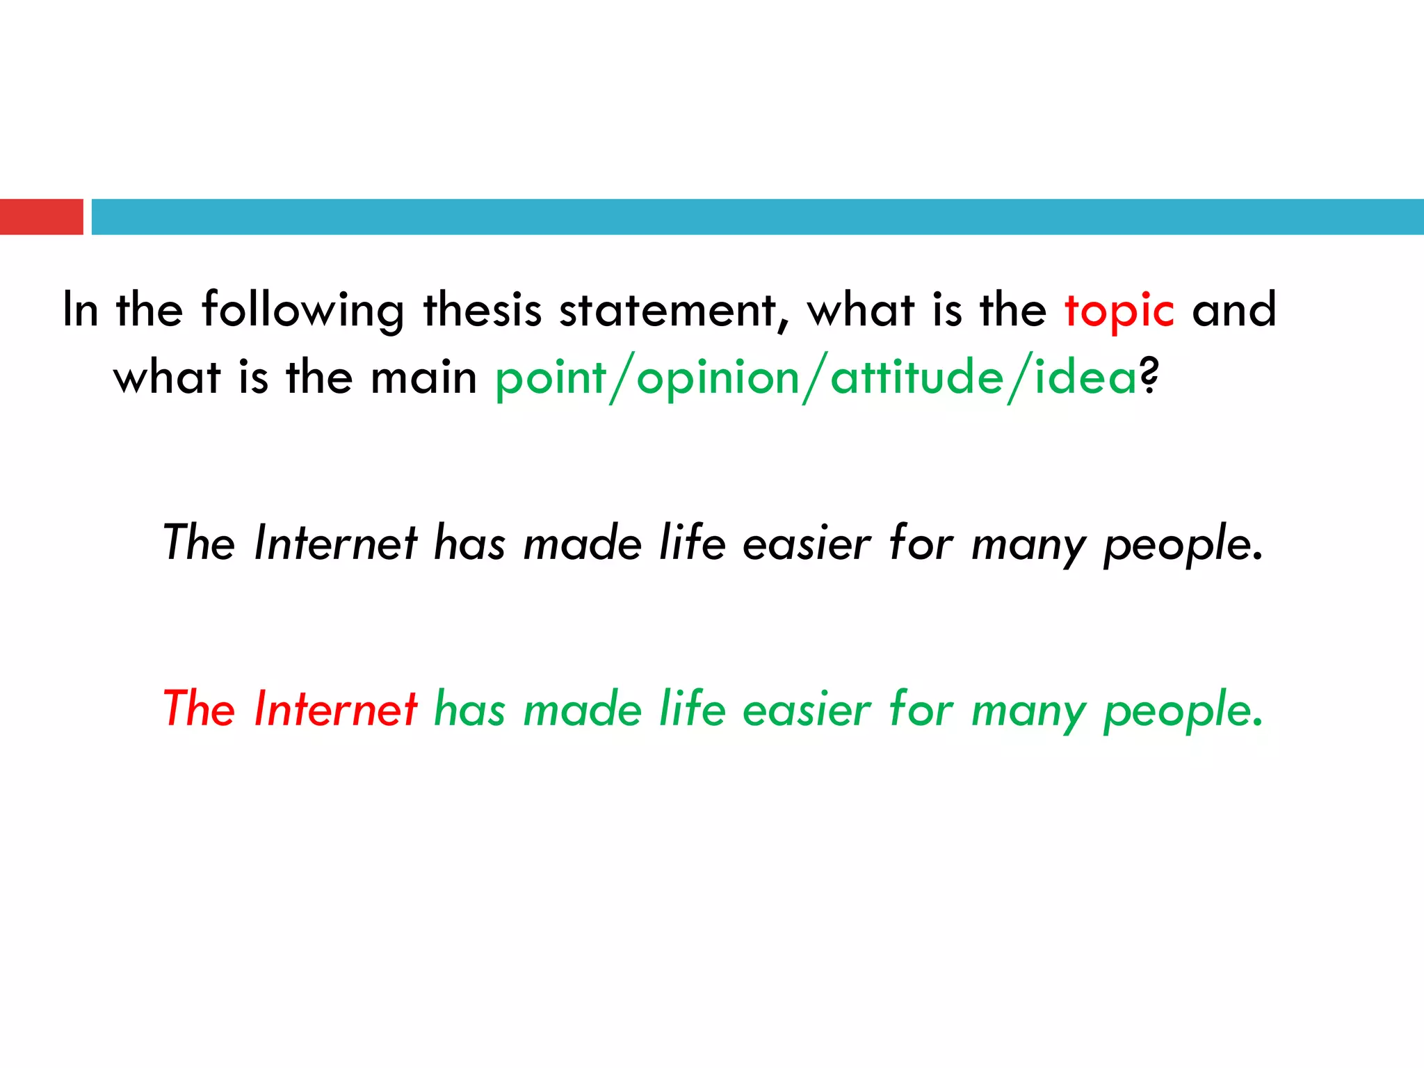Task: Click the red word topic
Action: click(1119, 311)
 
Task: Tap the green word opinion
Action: click(718, 379)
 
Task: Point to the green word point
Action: click(551, 379)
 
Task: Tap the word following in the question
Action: click(303, 311)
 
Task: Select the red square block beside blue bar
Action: click(41, 217)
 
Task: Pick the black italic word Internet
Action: click(336, 543)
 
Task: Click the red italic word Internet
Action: click(336, 709)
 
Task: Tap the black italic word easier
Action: click(806, 544)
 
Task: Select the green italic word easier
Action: click(806, 711)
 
